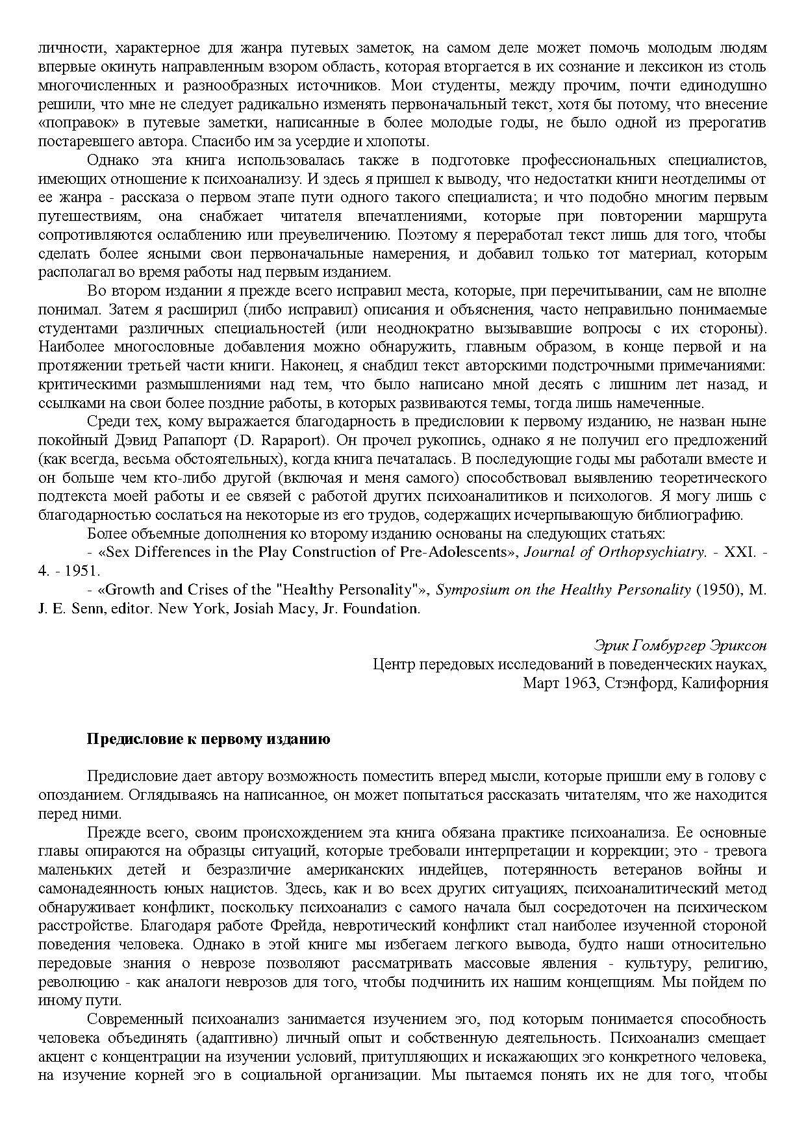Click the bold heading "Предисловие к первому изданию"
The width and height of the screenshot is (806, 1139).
click(208, 739)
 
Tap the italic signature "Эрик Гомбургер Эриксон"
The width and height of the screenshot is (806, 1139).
click(681, 646)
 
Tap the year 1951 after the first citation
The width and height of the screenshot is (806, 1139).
click(84, 571)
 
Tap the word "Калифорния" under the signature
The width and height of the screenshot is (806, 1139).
click(726, 684)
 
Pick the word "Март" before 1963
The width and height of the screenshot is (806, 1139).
click(540, 684)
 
